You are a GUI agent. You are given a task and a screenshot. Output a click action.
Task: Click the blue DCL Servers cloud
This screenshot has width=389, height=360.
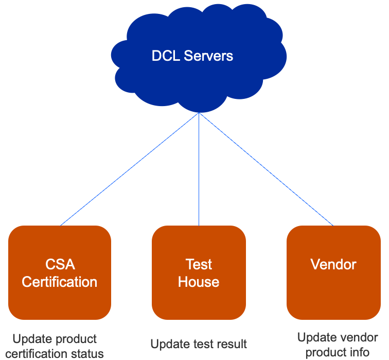pos(198,77)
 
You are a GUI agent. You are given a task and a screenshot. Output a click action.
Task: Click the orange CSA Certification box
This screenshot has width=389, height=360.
pos(60,299)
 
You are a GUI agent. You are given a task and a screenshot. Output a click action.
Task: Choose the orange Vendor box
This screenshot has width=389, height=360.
pos(333,299)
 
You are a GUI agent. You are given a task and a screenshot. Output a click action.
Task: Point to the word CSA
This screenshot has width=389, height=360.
pos(60,265)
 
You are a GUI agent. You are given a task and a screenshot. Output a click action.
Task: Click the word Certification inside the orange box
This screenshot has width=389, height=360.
pos(60,282)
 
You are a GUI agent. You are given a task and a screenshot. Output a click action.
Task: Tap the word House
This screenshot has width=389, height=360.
pos(199,282)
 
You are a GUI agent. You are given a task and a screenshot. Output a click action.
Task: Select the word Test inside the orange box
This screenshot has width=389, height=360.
pos(199,265)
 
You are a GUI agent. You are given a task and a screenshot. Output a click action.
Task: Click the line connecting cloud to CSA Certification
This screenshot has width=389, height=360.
pos(129,169)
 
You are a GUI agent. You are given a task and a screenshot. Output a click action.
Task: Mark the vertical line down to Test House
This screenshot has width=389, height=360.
pos(199,170)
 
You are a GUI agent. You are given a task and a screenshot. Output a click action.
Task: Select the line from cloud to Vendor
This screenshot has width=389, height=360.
pos(267,169)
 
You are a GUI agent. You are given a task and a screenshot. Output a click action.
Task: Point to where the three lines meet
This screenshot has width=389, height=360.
pos(199,113)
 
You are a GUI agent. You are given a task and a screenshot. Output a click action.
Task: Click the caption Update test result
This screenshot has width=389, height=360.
pos(199,344)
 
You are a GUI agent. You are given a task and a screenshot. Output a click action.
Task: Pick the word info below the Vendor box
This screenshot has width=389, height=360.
pos(360,352)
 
